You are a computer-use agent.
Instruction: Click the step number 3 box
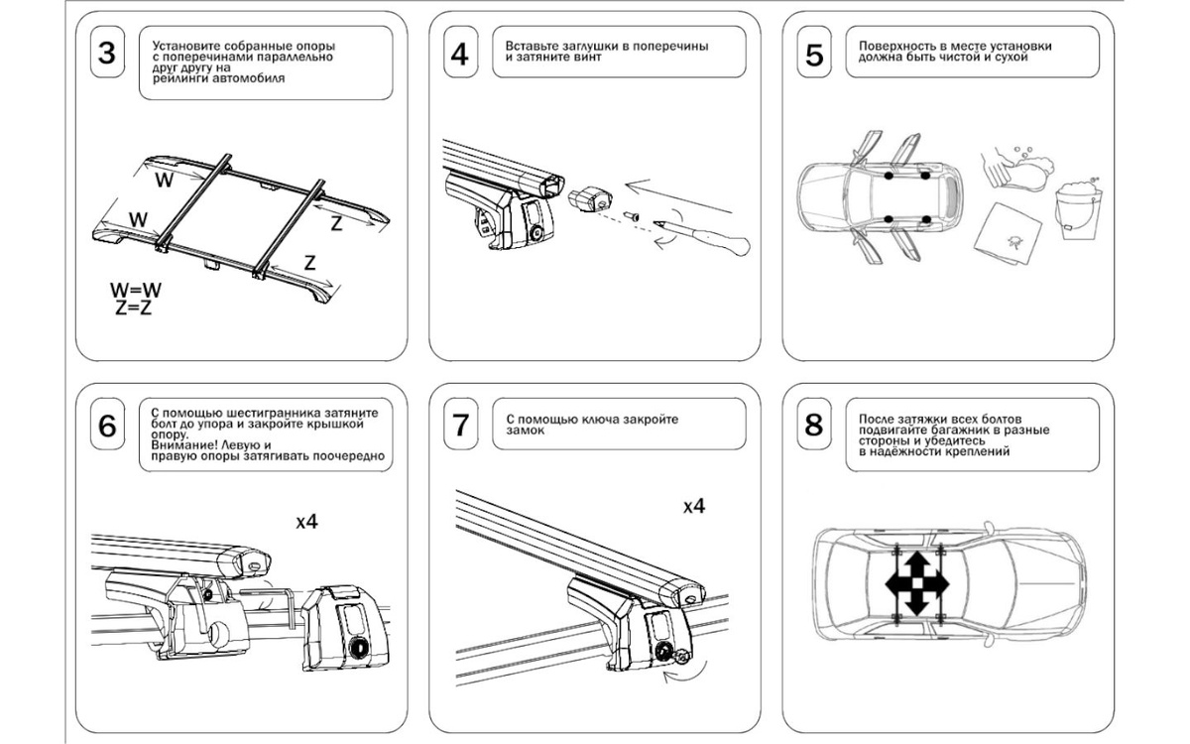click(x=107, y=54)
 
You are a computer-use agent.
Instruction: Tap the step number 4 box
click(x=459, y=54)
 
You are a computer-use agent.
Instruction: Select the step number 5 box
click(x=814, y=54)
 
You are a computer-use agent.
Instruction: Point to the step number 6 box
click(x=107, y=425)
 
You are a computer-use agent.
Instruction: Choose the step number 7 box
click(x=459, y=425)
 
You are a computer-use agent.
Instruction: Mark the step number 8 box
click(x=814, y=425)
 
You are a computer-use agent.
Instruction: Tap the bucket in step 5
click(x=1077, y=209)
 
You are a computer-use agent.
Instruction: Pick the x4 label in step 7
click(x=694, y=506)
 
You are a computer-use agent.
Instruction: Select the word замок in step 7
click(x=526, y=431)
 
